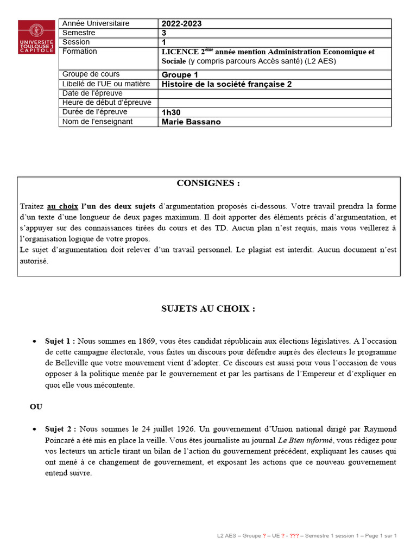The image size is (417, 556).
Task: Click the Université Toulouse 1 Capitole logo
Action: click(36, 37)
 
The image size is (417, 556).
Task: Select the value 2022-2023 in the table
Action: click(182, 24)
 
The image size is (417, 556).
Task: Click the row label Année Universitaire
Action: click(96, 23)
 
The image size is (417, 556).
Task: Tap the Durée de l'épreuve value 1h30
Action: click(171, 112)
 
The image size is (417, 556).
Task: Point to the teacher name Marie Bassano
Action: click(191, 122)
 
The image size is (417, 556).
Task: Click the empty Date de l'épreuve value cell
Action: click(274, 93)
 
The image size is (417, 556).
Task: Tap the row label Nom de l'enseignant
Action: click(97, 122)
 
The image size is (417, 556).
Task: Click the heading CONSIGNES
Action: click(208, 184)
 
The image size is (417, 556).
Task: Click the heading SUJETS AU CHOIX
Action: click(208, 309)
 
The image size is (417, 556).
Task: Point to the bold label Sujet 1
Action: click(60, 341)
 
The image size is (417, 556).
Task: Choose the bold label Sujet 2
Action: click(60, 429)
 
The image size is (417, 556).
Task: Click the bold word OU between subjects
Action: click(36, 407)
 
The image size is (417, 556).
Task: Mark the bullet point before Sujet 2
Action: click(34, 429)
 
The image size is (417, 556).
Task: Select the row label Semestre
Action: click(79, 33)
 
